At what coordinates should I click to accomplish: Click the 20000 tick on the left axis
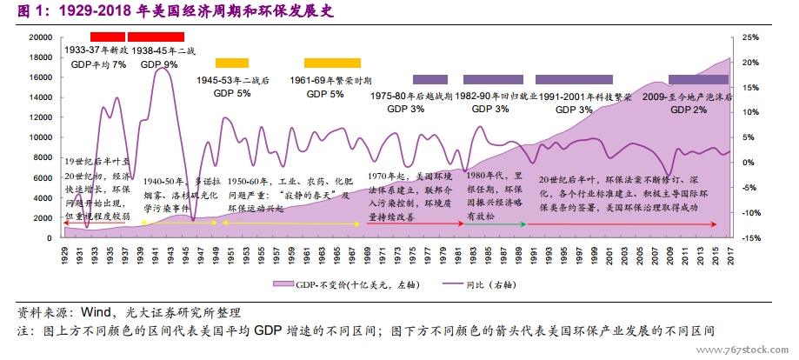point(40,37)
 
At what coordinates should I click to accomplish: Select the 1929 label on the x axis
point(65,253)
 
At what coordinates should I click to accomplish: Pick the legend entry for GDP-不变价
point(323,284)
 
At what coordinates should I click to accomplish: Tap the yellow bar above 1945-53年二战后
point(232,63)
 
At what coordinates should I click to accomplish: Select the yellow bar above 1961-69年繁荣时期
point(332,63)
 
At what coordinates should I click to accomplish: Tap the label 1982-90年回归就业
point(496,97)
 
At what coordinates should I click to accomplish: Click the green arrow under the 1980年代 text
point(496,224)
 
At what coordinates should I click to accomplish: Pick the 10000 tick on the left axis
point(40,137)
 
